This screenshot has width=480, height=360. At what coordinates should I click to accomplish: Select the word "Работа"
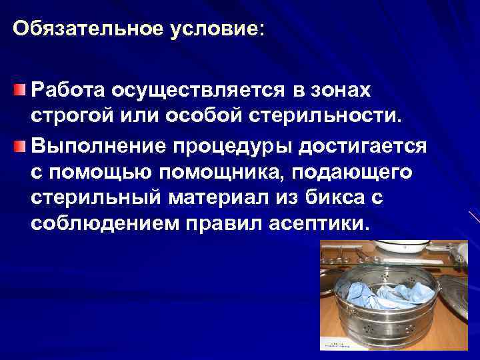tap(68, 89)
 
